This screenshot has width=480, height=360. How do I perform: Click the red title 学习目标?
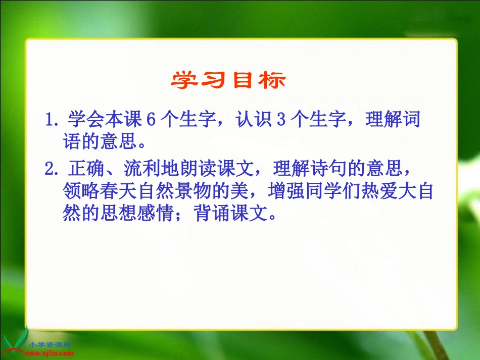[x=228, y=80]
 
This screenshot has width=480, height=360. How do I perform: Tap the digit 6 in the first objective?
[x=150, y=121]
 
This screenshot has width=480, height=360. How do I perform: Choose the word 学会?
[x=79, y=121]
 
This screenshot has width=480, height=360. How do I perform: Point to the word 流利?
[x=140, y=169]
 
